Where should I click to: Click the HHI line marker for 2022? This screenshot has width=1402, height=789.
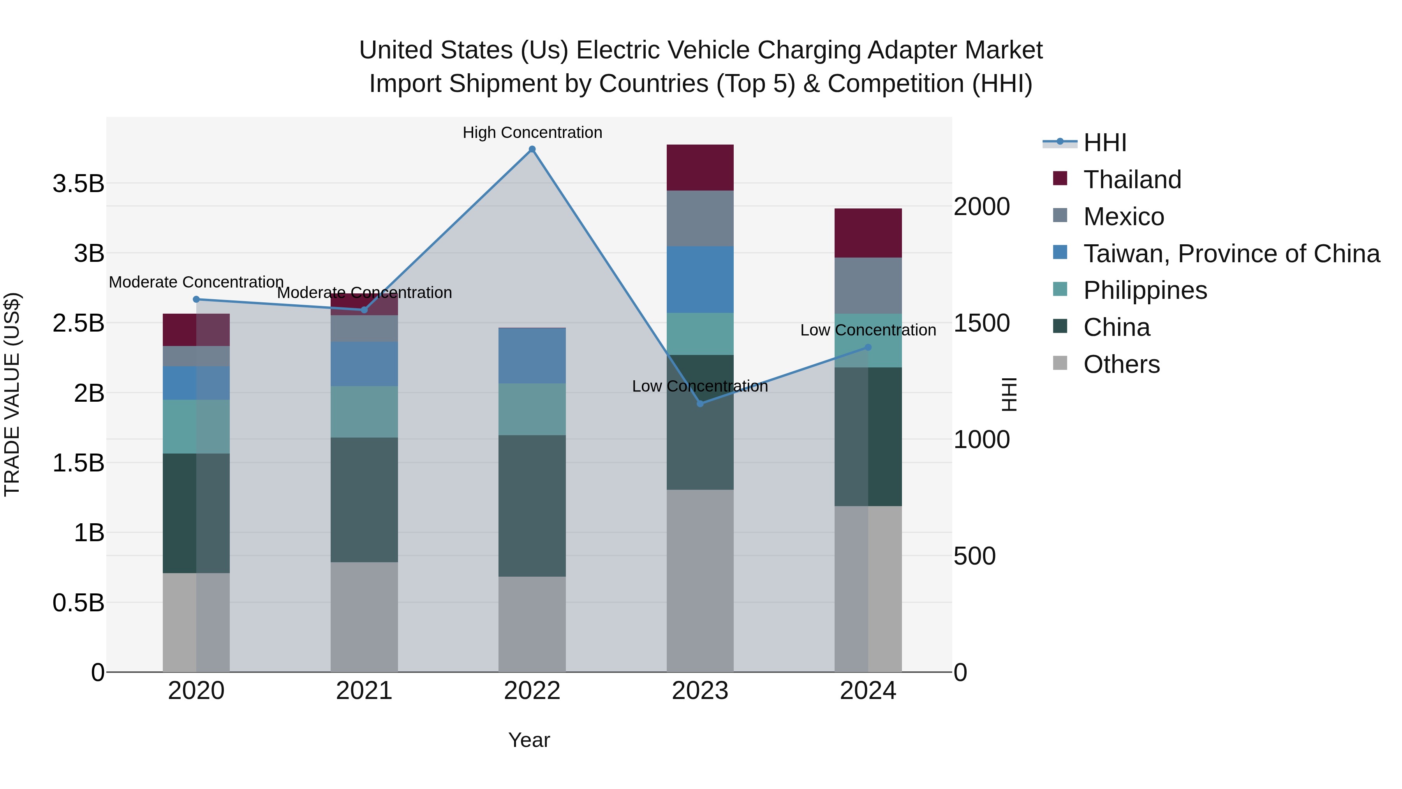pyautogui.click(x=532, y=149)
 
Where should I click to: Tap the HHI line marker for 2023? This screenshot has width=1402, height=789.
pyautogui.click(x=700, y=404)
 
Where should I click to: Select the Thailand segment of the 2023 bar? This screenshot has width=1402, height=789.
pyautogui.click(x=700, y=168)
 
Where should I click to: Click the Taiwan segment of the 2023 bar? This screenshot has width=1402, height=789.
pyautogui.click(x=700, y=279)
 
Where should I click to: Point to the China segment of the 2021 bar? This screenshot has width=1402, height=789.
pyautogui.click(x=364, y=500)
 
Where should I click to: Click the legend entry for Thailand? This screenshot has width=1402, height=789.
pyautogui.click(x=1132, y=180)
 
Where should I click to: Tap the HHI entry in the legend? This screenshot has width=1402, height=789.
pyautogui.click(x=1105, y=143)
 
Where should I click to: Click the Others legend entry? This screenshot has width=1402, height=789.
pyautogui.click(x=1121, y=364)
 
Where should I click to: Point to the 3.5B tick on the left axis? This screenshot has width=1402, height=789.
pyautogui.click(x=78, y=184)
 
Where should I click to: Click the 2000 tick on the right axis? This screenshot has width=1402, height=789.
pyautogui.click(x=981, y=207)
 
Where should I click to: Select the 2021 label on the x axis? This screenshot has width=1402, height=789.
pyautogui.click(x=364, y=691)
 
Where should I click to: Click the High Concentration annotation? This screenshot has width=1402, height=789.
pyautogui.click(x=532, y=132)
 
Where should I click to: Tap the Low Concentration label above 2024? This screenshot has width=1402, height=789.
pyautogui.click(x=868, y=330)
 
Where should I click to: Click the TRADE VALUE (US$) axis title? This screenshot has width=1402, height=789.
pyautogui.click(x=12, y=394)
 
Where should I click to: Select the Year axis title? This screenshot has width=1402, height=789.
pyautogui.click(x=529, y=740)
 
